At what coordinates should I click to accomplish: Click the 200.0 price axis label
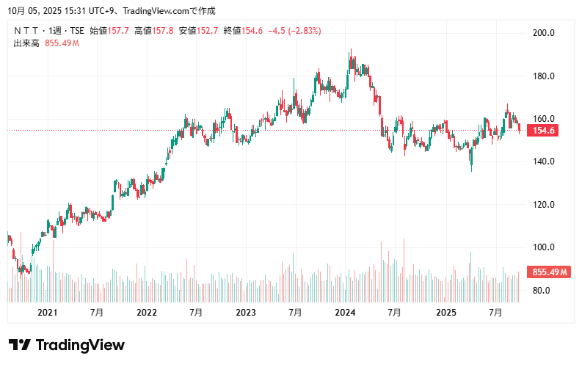543,33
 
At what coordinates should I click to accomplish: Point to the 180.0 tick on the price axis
543,76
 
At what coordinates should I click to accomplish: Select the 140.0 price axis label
543,161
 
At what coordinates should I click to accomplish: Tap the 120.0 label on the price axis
543,205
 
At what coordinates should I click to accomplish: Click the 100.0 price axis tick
543,247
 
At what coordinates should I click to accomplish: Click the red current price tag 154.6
544,131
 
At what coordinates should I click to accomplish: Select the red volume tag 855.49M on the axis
550,272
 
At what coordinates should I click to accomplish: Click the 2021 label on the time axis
47,313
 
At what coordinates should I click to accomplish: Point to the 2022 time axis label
147,313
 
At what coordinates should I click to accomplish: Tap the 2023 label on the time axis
246,313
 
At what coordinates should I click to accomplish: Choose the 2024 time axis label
345,313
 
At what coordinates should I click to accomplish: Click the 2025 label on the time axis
445,313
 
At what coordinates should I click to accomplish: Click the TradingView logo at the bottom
67,345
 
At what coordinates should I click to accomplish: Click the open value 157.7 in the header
118,31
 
